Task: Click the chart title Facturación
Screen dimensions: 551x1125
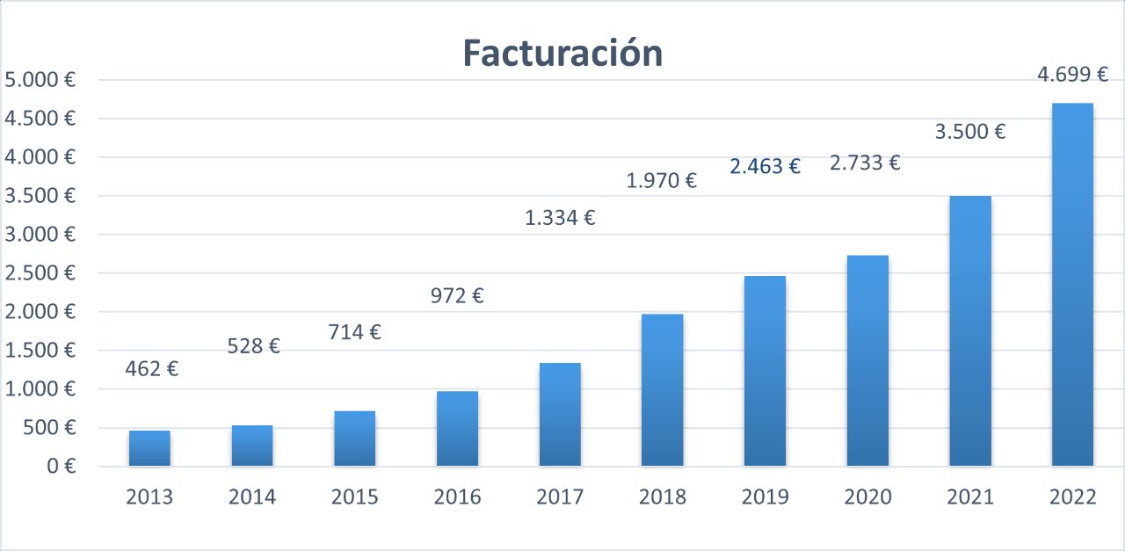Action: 562,54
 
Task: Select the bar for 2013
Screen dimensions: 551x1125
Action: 149,448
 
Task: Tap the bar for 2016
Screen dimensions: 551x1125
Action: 457,429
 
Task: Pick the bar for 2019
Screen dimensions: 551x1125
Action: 765,371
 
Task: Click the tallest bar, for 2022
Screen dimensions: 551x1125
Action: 1072,285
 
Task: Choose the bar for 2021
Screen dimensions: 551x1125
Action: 970,330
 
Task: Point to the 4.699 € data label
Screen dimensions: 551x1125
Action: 1072,75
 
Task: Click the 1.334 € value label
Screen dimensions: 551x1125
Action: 560,218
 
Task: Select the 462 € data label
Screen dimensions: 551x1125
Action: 151,369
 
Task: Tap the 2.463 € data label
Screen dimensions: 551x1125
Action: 765,166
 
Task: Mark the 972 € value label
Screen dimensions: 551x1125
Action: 457,296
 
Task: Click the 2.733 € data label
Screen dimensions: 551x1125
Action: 866,163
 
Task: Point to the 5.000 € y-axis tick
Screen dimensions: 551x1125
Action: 40,80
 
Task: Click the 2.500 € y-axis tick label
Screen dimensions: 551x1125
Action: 40,273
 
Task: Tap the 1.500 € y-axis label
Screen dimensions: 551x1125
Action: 40,351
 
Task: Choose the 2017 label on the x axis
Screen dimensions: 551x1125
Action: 560,497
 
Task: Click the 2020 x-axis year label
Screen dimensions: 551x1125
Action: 867,497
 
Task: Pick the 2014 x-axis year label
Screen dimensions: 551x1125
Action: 252,497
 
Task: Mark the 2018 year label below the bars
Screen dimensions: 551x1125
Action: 663,497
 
